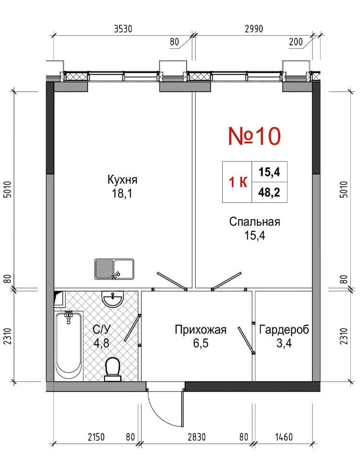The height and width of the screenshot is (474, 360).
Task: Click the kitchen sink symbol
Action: click(114, 269)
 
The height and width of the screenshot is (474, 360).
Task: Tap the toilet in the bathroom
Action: click(113, 369)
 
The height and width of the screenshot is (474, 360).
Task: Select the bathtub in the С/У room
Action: click(69, 345)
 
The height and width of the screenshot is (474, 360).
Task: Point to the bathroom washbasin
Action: click(113, 298)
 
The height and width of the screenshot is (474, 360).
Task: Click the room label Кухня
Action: click(122, 179)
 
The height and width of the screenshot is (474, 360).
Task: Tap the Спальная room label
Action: click(254, 222)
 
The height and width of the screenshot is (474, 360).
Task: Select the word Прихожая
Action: click(200, 330)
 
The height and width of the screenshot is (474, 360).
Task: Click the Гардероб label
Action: click(284, 330)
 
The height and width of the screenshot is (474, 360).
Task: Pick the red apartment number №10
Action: click(254, 136)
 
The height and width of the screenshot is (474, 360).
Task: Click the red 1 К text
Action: click(238, 182)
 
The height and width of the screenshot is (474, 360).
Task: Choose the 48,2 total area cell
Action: click(269, 192)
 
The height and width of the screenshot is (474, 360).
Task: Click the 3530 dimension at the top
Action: click(123, 29)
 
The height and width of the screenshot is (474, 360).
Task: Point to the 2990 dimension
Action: click(253, 29)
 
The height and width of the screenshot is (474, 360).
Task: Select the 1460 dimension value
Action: click(283, 437)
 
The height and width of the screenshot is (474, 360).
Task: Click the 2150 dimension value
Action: click(96, 437)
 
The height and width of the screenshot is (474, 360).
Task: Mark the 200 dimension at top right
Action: click(296, 42)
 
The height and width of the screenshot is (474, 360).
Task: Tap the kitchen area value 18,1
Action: click(122, 193)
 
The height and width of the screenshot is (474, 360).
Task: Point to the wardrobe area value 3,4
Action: click(284, 343)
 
